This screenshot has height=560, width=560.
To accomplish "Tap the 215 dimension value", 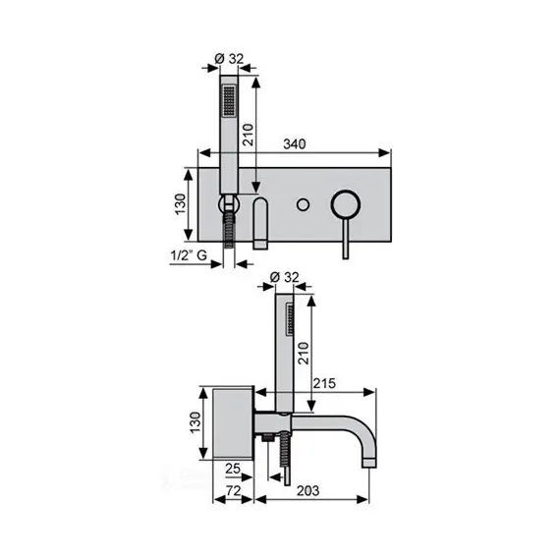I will (x=327, y=383).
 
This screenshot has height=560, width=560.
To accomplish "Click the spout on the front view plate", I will (x=261, y=224).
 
